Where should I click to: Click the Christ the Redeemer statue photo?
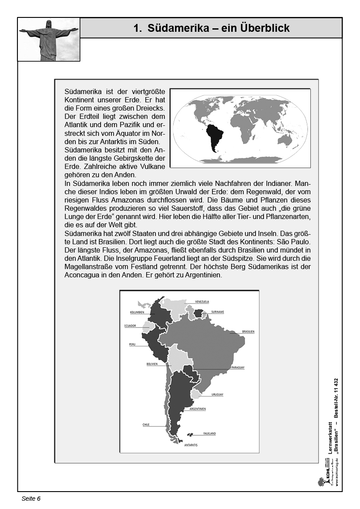point(49,39)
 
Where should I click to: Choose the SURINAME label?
point(217,312)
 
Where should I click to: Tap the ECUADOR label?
point(130,326)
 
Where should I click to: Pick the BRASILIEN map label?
point(248,332)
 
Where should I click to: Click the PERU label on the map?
point(132,344)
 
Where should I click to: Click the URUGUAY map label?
point(217,395)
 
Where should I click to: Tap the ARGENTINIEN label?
point(198,409)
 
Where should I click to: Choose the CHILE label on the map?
point(146,425)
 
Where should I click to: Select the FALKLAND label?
point(209,434)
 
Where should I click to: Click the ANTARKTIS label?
point(191,445)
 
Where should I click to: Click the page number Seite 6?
point(31,499)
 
